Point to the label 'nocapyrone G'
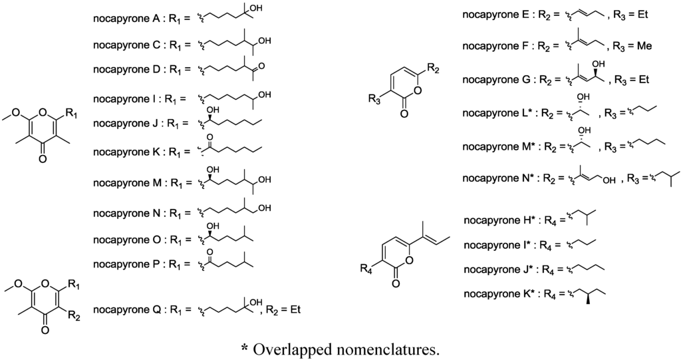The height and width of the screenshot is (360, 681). [x=497, y=80]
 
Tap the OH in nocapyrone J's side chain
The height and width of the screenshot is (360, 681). [x=214, y=110]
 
